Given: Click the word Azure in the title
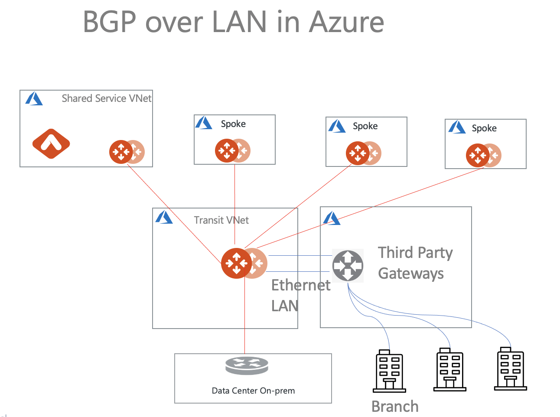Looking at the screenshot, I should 346,22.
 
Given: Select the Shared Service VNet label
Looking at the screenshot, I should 106,98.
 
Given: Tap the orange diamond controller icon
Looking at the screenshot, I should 51,144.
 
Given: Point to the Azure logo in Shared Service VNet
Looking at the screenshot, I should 34,99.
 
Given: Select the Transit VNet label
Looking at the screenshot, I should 221,220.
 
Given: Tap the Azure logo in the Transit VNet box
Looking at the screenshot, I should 164,217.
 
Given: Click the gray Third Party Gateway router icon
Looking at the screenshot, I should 348,265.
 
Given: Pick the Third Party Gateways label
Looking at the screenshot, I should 415,263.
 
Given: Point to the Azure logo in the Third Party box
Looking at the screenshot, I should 332,218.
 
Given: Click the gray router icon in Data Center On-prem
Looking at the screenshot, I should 247,365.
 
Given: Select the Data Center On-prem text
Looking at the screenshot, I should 253,391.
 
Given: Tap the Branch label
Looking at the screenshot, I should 395,407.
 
